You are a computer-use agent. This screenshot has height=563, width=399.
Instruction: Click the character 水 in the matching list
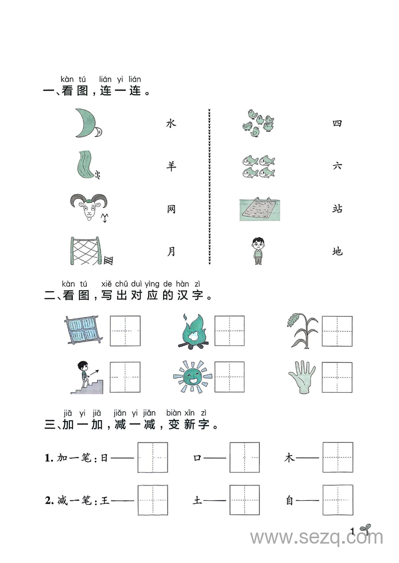tap(171, 123)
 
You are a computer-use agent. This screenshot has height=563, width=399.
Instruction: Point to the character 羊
tap(171, 166)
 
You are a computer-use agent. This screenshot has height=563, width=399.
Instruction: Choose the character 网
tap(171, 209)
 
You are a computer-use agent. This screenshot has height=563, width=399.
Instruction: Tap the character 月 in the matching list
tap(171, 252)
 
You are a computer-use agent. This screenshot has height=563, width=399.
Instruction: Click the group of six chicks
tap(258, 123)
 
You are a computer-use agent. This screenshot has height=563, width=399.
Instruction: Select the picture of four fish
tap(258, 166)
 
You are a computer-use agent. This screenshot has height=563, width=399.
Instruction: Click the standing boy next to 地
tap(258, 250)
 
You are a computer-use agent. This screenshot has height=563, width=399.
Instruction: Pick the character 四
tap(338, 123)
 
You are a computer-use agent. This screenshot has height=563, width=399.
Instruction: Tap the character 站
tap(338, 209)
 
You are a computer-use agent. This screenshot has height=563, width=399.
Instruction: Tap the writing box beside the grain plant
tap(337, 331)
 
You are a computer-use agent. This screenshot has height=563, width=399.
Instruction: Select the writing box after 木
tap(338, 457)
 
